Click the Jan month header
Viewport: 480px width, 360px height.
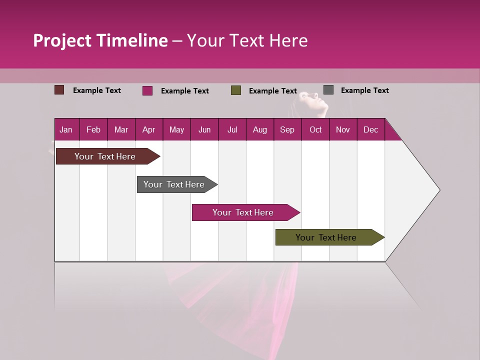[66, 130]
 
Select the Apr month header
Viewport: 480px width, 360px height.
[148, 130]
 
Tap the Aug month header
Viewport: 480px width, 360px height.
[259, 130]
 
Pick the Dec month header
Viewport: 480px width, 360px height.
[370, 130]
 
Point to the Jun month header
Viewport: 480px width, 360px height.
[204, 130]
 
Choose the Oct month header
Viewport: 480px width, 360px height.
[315, 130]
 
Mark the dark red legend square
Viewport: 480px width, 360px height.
[59, 90]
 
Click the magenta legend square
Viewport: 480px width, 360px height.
[147, 90]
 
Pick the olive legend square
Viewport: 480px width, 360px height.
[236, 90]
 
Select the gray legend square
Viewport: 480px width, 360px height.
[328, 90]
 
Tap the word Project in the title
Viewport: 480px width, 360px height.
[63, 40]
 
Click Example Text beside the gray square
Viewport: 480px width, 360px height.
[364, 90]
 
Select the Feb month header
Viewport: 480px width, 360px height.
[93, 130]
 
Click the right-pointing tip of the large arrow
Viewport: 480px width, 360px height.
[438, 190]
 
